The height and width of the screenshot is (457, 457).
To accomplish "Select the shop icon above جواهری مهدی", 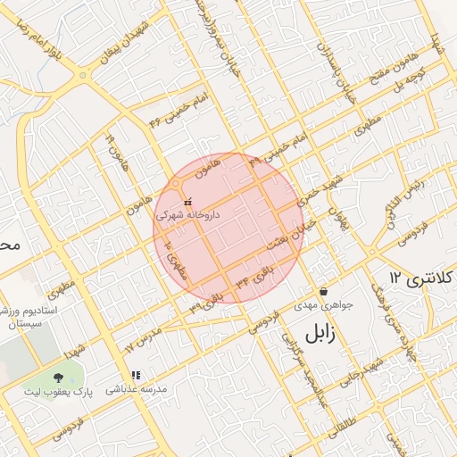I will click(x=322, y=292).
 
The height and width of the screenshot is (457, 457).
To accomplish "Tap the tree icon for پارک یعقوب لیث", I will click(x=59, y=378).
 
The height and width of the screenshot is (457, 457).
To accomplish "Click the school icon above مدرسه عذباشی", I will click(x=136, y=377).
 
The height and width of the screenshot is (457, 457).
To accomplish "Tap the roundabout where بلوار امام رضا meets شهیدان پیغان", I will click(x=83, y=75).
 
